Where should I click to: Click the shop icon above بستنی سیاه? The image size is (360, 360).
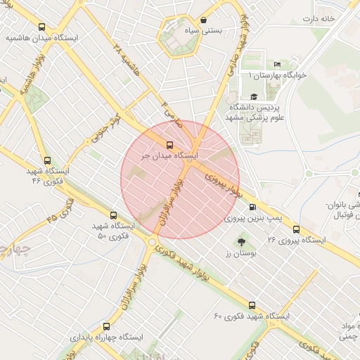[x=203, y=20]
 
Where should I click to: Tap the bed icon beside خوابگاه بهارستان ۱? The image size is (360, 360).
[x=276, y=64]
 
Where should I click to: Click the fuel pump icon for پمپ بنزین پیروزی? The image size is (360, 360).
[x=252, y=207]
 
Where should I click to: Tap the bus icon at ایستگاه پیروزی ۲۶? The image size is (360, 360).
[x=296, y=229]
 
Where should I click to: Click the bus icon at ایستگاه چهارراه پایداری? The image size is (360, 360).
[x=106, y=326]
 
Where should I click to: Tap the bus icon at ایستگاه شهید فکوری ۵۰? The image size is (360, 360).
[x=113, y=216]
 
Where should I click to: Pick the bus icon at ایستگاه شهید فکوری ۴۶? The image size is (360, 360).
[x=47, y=160]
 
